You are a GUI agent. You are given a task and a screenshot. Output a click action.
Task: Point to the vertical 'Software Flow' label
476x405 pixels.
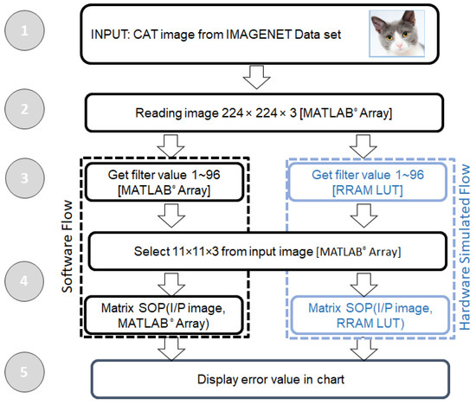[67, 251]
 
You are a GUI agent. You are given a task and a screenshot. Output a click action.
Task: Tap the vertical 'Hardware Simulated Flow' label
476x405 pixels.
[464, 251]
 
